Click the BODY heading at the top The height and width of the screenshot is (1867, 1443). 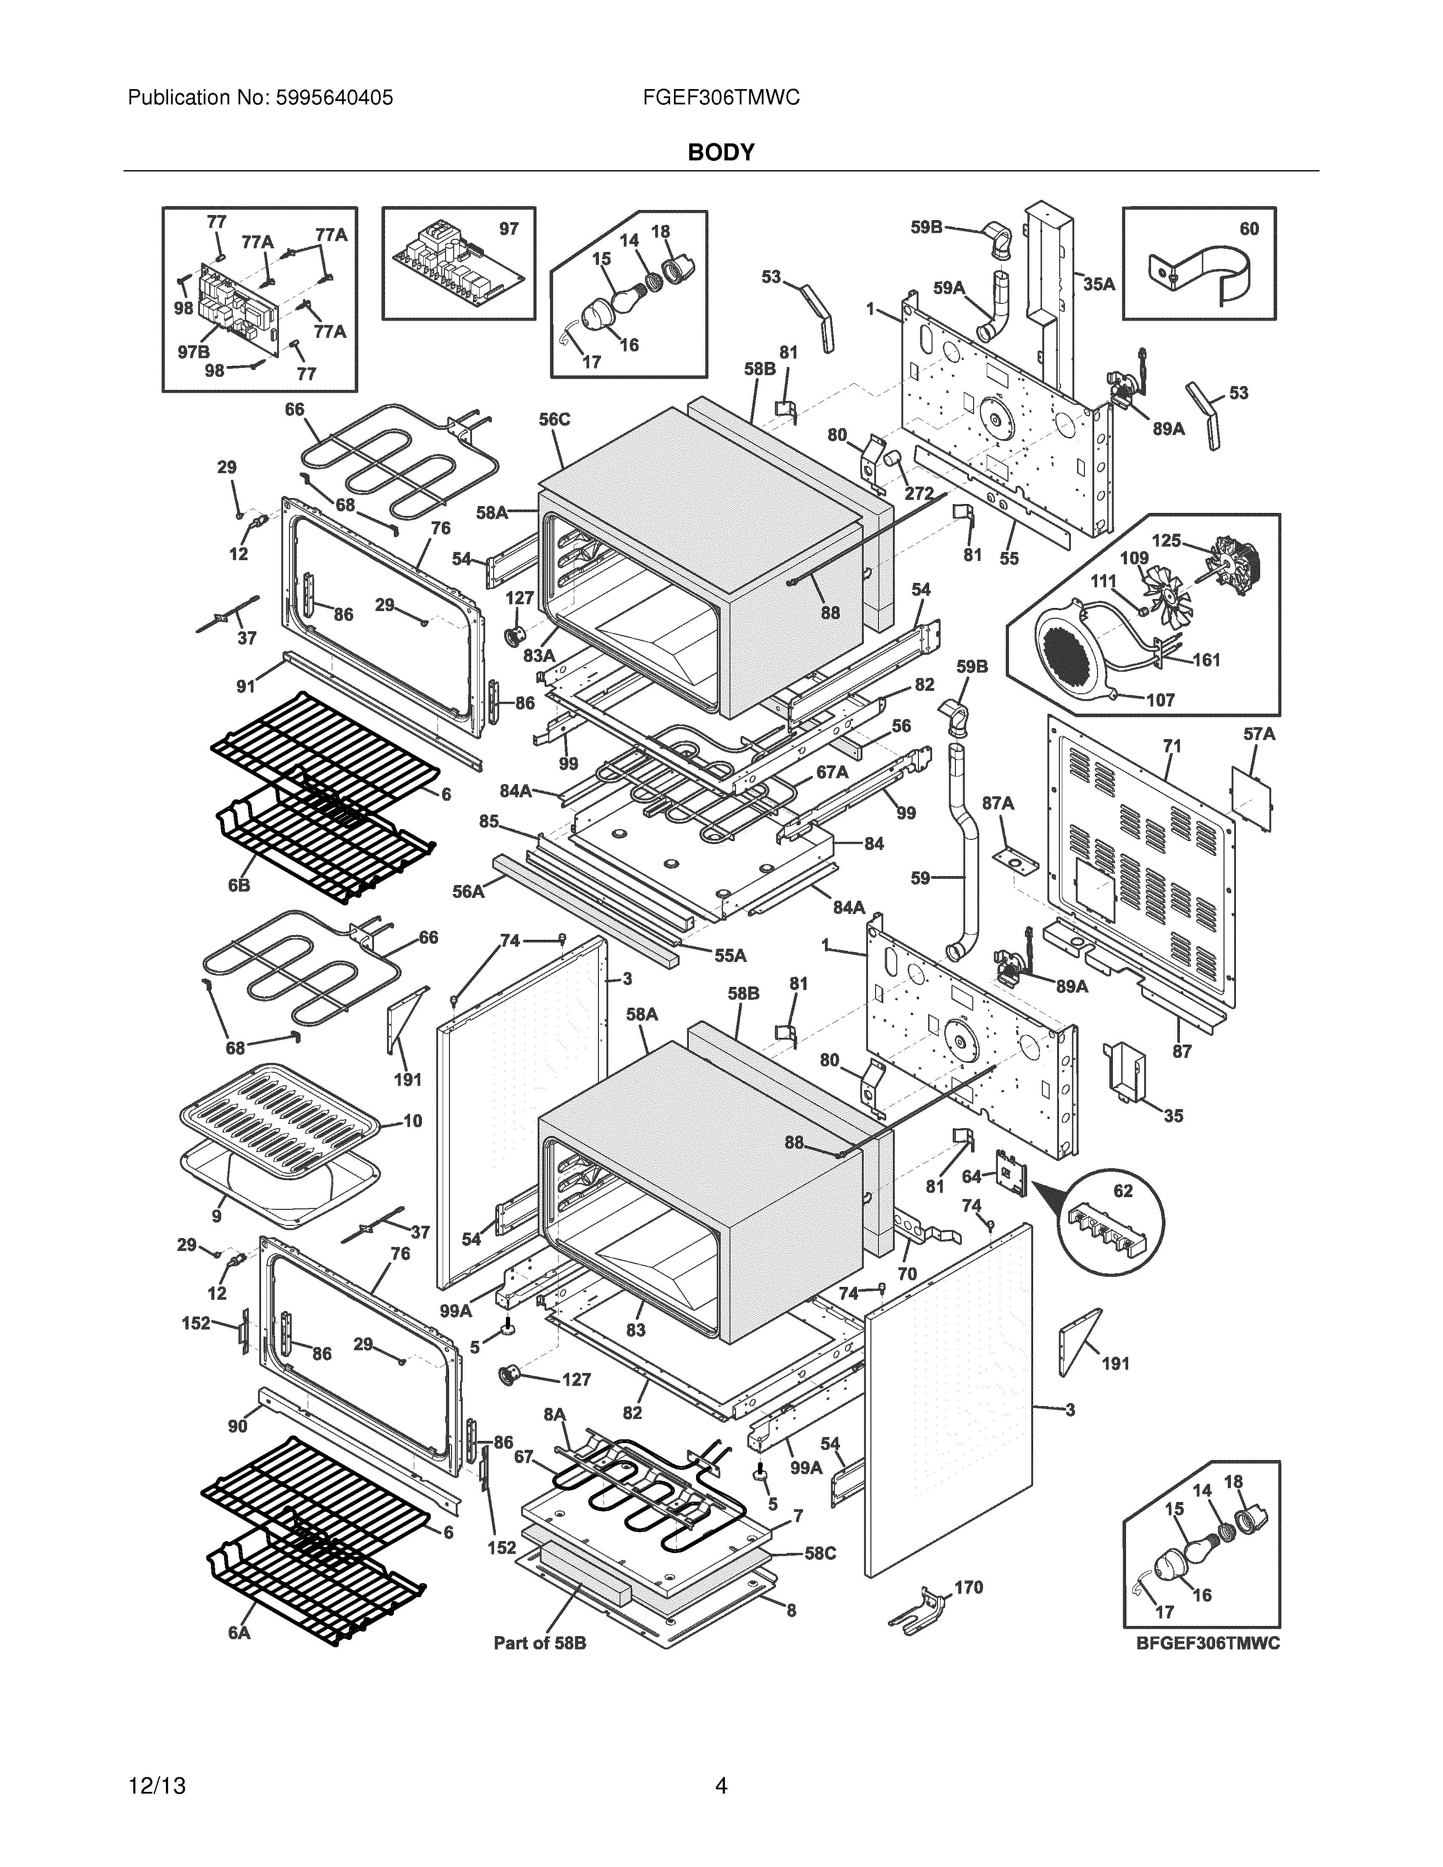pyautogui.click(x=721, y=152)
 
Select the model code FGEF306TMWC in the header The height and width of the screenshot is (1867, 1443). pyautogui.click(x=721, y=98)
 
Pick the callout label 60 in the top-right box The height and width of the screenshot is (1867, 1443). pyautogui.click(x=1249, y=229)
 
